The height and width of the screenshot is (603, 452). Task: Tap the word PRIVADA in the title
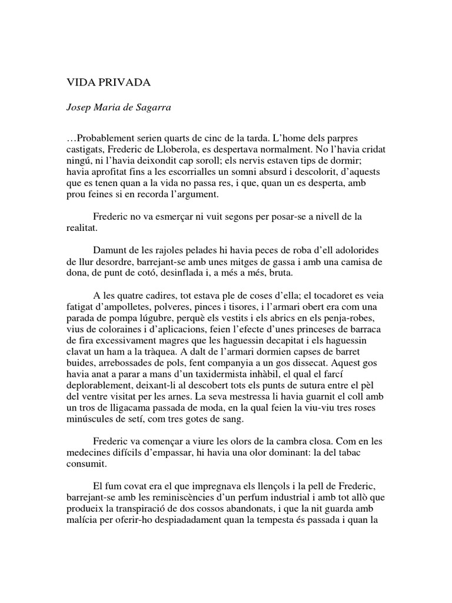124,83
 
